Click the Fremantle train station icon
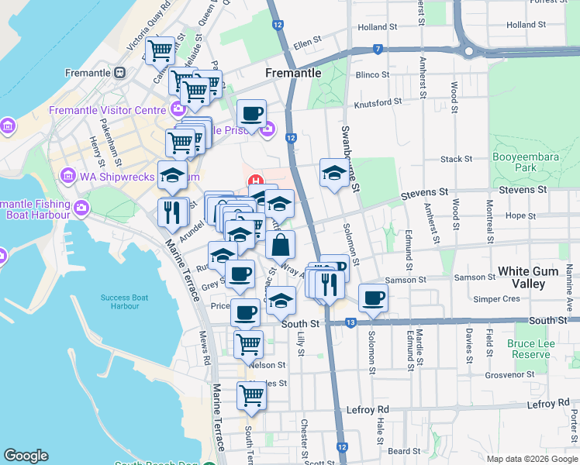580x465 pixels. pyautogui.click(x=120, y=73)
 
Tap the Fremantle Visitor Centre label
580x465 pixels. pyautogui.click(x=108, y=109)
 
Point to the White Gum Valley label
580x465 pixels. pyautogui.click(x=533, y=277)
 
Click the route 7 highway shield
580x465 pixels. pyautogui.click(x=378, y=50)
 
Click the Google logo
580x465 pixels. pyautogui.click(x=26, y=456)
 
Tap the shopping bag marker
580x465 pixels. pyautogui.click(x=281, y=245)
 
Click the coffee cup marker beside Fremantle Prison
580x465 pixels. pyautogui.click(x=251, y=114)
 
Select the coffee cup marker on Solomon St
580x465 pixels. pyautogui.click(x=373, y=298)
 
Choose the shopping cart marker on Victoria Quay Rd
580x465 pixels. pyautogui.click(x=160, y=51)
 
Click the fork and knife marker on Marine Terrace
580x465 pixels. pyautogui.click(x=172, y=212)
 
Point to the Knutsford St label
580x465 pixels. pyautogui.click(x=378, y=102)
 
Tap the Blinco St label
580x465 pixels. pyautogui.click(x=372, y=74)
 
